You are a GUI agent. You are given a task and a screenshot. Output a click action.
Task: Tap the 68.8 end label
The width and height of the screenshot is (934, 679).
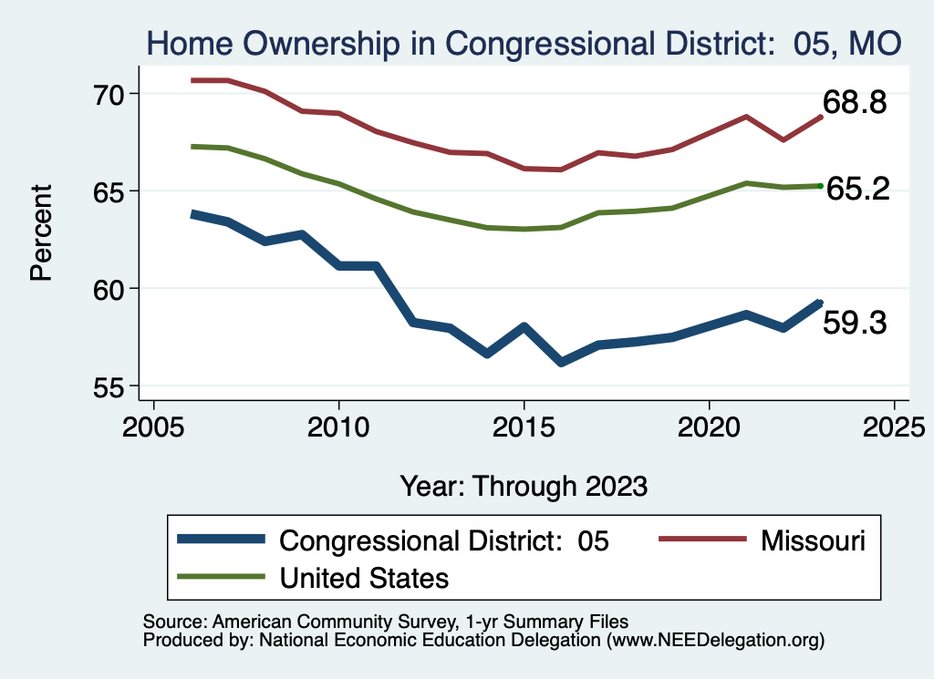point(855,102)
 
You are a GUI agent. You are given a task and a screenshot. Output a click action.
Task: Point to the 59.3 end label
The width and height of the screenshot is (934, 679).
point(855,322)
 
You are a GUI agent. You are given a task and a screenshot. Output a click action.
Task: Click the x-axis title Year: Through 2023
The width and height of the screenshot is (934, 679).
point(524,486)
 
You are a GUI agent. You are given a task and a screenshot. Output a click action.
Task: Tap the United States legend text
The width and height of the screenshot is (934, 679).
point(364,578)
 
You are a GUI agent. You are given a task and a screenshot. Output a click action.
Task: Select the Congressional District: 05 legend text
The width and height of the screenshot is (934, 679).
point(443,540)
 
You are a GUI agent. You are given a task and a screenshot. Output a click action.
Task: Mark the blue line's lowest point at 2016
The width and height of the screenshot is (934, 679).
point(562,363)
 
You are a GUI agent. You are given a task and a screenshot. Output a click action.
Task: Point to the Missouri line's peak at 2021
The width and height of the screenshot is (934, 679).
point(746,117)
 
